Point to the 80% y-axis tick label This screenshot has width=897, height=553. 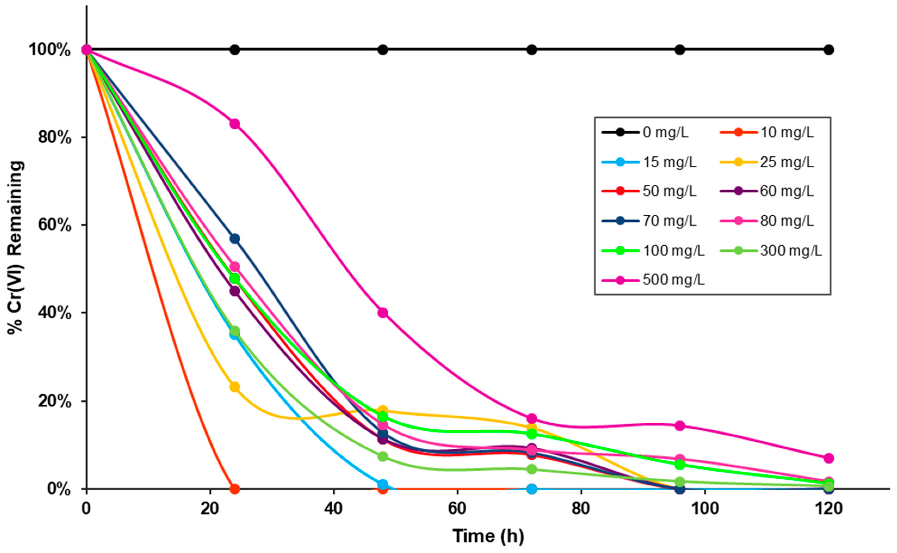[x=54, y=138]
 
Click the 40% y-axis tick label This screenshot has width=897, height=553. [x=54, y=313]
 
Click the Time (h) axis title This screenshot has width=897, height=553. [x=488, y=536]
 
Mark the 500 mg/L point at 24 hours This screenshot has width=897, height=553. [x=235, y=124]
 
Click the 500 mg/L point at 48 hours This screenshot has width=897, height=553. [x=383, y=313]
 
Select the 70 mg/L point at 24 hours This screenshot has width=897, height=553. [x=235, y=239]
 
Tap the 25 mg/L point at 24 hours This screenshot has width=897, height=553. [x=235, y=387]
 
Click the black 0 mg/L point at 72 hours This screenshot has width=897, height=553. [x=532, y=50]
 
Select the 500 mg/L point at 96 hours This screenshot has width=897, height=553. [x=679, y=426]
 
